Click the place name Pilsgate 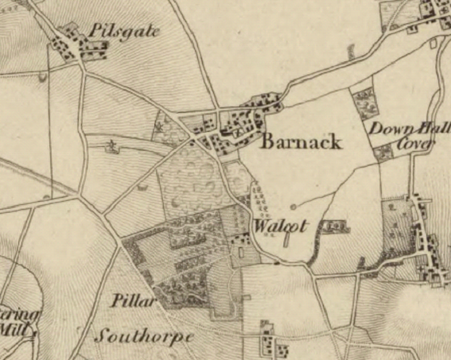(x=124, y=31)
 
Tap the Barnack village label (x=301, y=142)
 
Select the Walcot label (x=279, y=225)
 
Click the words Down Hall (x=408, y=128)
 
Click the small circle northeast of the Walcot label (x=294, y=207)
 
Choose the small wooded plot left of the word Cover (x=382, y=151)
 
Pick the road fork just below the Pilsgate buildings (x=82, y=68)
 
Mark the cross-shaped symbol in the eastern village (x=420, y=271)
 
